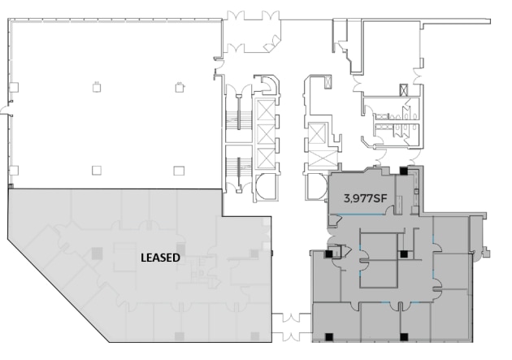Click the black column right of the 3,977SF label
(x=405, y=171)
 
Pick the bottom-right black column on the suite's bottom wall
(x=404, y=336)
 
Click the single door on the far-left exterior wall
(x=7, y=113)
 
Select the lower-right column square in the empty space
(x=180, y=169)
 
